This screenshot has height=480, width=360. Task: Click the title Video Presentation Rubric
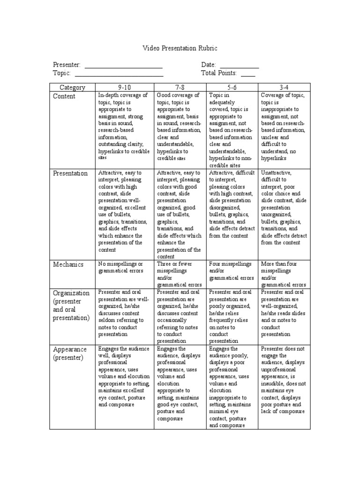pos(180,48)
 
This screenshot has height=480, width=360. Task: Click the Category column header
pos(73,87)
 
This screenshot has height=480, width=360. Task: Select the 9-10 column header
pos(125,87)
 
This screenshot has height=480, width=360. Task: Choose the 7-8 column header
pos(180,87)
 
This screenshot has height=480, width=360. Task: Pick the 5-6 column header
pos(232,87)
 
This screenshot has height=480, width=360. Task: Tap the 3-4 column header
pos(284,87)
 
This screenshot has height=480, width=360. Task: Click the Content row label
pos(64,96)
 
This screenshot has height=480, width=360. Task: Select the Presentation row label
pos(70,173)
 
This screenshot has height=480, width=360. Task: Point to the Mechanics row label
pos(68,264)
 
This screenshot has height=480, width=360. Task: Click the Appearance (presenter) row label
pos(70,353)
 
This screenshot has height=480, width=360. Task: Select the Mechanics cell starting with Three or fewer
pos(180,274)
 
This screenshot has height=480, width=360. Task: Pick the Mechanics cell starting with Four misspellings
pos(231,270)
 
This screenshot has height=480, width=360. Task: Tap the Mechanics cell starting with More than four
pos(283,274)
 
